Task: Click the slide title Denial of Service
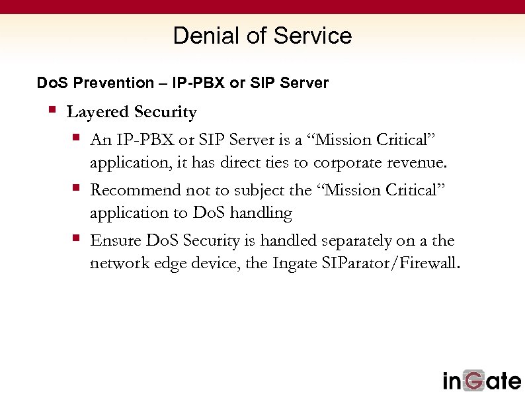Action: (x=262, y=36)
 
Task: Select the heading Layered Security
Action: (x=132, y=113)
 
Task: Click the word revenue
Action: (x=417, y=163)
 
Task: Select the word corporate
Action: (x=348, y=163)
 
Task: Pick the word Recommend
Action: (x=136, y=190)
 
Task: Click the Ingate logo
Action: (x=481, y=380)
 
